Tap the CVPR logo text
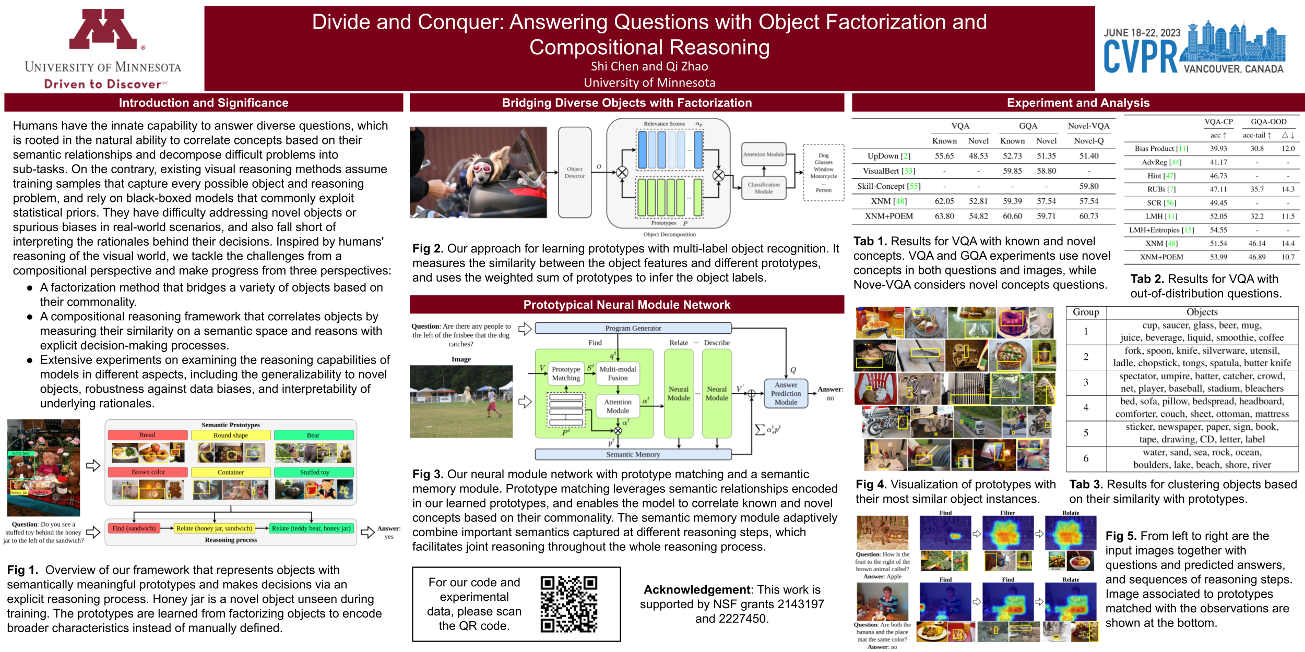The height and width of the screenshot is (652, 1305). pos(1140,57)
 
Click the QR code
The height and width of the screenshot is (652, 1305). pos(568,604)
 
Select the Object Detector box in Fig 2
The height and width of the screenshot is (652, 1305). pos(574,173)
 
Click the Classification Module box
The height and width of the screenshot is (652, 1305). pos(763,188)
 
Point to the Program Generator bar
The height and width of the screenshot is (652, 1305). pos(633,328)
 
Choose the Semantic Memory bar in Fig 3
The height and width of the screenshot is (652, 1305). pos(633,454)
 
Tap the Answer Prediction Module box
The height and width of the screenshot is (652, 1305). pos(786,394)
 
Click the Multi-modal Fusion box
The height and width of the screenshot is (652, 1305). pos(618,373)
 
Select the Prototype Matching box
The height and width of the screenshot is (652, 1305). pos(566,373)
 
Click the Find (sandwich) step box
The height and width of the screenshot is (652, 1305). pos(134,528)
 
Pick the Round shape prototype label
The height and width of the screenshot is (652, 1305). pos(231,435)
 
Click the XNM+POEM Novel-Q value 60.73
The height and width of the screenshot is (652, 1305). pos(1088,216)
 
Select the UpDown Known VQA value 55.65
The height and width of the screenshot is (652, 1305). pos(944,156)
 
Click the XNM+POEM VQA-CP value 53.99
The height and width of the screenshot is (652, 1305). pos(1218,257)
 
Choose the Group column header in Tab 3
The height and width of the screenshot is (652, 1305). pos(1086,312)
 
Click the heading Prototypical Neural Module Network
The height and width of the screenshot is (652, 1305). pos(626,305)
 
